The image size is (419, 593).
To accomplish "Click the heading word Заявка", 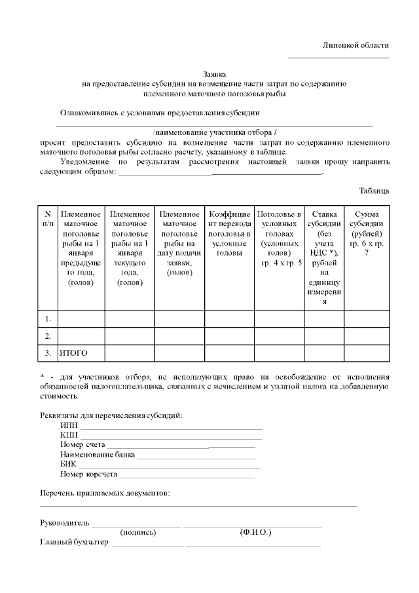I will [x=215, y=75].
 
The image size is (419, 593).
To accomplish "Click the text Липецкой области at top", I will [x=356, y=45].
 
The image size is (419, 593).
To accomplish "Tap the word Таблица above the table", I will [x=374, y=191].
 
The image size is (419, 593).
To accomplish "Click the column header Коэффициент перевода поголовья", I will [x=229, y=233].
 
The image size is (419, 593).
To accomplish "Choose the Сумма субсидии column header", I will [x=366, y=229].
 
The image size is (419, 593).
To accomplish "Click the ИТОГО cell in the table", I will [x=73, y=353].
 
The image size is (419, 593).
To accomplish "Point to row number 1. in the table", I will [x=48, y=318].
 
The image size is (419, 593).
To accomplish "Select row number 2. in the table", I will [x=48, y=336].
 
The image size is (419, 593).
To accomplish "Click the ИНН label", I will [x=69, y=426].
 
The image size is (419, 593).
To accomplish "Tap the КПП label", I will [x=69, y=435].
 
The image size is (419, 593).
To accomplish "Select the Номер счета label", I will [x=82, y=445].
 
